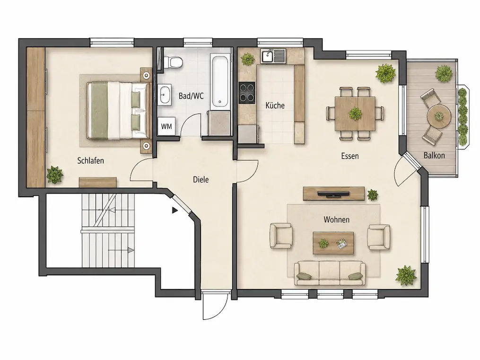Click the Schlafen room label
pos(90,161)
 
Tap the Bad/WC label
pos(191,96)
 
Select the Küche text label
pos(275,105)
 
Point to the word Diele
pos(201,179)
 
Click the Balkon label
pos(434,155)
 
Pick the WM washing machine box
pos(166,126)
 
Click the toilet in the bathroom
pos(174,63)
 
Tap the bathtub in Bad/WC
pos(220,81)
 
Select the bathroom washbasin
pos(165,95)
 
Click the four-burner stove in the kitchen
pos(247,92)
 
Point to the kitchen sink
pos(273,56)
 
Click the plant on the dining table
pos(355,114)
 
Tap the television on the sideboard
pos(333,193)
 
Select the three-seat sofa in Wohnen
pos(330,273)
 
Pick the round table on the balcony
pos(439,116)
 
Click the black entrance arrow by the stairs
pos(175,211)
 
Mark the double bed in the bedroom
pos(119,111)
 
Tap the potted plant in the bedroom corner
pos(55,175)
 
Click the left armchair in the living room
pos(281,236)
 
